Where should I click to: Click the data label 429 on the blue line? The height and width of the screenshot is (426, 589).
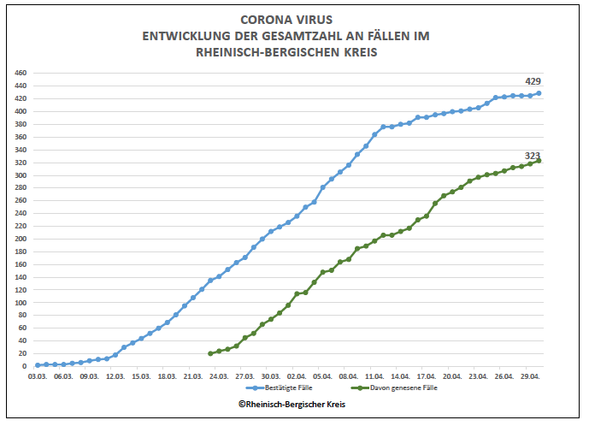click(533, 81)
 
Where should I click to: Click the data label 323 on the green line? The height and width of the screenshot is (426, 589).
click(533, 156)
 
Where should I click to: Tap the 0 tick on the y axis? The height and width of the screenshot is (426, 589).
click(26, 366)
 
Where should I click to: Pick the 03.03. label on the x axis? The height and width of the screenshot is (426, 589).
click(38, 376)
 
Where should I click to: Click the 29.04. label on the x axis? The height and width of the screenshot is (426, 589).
click(531, 376)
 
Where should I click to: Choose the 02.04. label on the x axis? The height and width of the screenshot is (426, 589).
click(297, 376)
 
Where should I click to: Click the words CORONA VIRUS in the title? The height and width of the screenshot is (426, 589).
click(286, 19)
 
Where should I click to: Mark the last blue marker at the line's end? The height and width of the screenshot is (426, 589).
click(539, 93)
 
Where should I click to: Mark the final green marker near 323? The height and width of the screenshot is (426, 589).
click(539, 161)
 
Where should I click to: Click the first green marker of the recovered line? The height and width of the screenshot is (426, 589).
click(210, 353)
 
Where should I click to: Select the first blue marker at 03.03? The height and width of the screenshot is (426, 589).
click(38, 365)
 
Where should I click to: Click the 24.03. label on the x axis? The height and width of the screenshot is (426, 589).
click(219, 376)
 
